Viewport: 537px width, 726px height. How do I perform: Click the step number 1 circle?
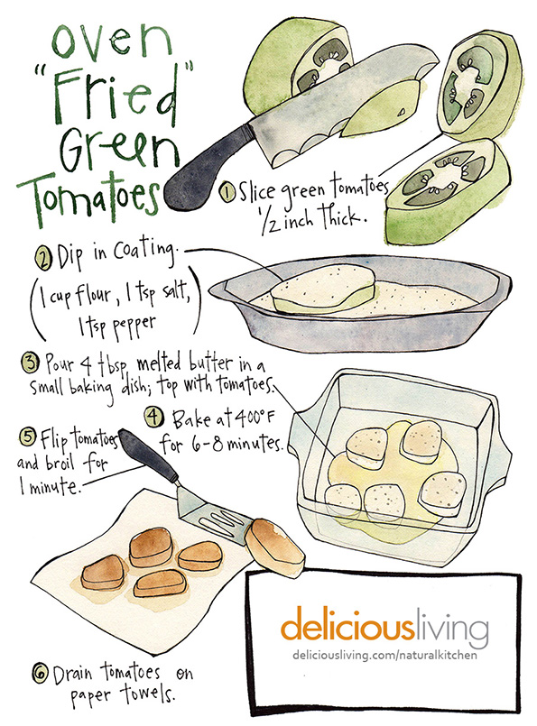pyautogui.click(x=228, y=193)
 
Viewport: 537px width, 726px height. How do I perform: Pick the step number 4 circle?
pyautogui.click(x=154, y=416)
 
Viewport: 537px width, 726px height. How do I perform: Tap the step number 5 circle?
pyautogui.click(x=27, y=437)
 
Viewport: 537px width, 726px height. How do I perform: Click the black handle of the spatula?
pyautogui.click(x=148, y=456)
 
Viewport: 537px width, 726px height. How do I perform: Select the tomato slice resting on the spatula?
pyautogui.click(x=274, y=547)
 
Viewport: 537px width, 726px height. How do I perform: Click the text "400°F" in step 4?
pyautogui.click(x=253, y=418)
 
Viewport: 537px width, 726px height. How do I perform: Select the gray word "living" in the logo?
pyautogui.click(x=451, y=627)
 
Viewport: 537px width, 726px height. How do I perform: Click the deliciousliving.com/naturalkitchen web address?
pyautogui.click(x=384, y=655)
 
